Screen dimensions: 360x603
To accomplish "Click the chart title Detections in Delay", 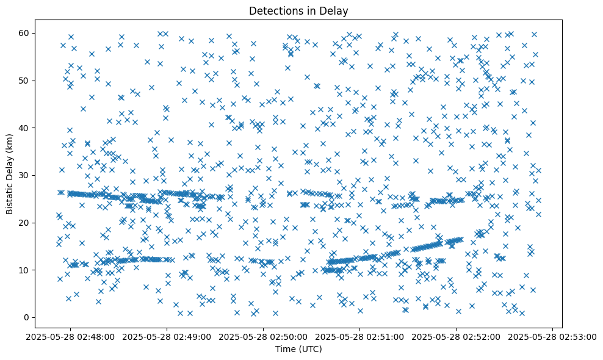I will click(298, 10).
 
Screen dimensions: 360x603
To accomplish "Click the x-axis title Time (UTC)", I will click(298, 349).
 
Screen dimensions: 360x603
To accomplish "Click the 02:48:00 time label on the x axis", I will click(71, 336).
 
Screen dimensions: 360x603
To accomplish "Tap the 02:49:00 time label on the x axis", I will click(167, 336).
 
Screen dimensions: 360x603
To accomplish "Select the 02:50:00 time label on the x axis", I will click(264, 336).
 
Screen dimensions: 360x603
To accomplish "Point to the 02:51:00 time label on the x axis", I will click(360, 336).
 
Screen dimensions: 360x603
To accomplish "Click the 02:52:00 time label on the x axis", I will click(457, 336).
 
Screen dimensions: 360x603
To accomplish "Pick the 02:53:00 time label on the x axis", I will click(553, 336).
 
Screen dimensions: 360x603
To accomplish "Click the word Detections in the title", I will click(274, 10).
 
